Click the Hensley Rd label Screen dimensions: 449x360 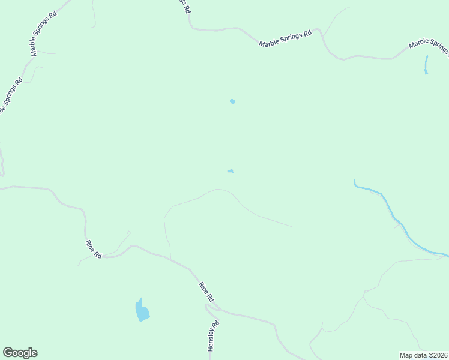214,336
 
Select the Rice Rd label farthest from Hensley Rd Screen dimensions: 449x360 93,249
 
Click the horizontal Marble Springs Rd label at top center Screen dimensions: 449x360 286,38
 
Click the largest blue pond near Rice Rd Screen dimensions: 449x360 142,311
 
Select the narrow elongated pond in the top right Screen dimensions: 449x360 426,64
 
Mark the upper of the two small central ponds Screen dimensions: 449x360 232,101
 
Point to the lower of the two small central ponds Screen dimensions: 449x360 231,171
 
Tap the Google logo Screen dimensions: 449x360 20,353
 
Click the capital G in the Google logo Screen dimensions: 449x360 7,353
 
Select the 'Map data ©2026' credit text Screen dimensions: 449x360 423,355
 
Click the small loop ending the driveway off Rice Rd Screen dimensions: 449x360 128,233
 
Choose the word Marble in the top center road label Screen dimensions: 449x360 270,42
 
